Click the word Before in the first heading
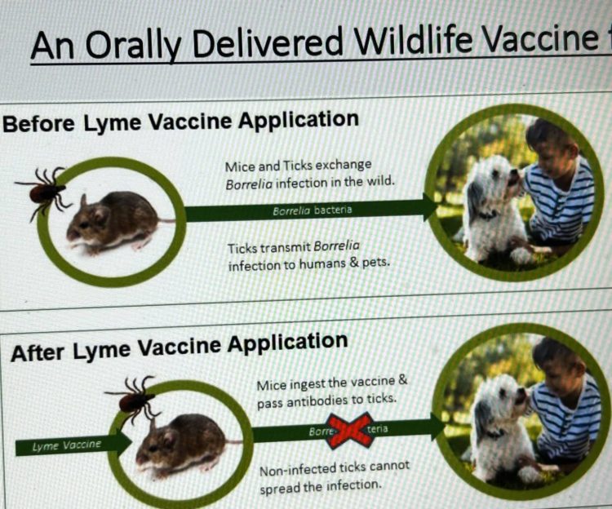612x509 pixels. (38, 124)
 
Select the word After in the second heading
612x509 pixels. (38, 353)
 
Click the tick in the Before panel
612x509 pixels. (44, 193)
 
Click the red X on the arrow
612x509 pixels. (349, 431)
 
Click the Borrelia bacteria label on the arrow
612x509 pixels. (313, 210)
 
